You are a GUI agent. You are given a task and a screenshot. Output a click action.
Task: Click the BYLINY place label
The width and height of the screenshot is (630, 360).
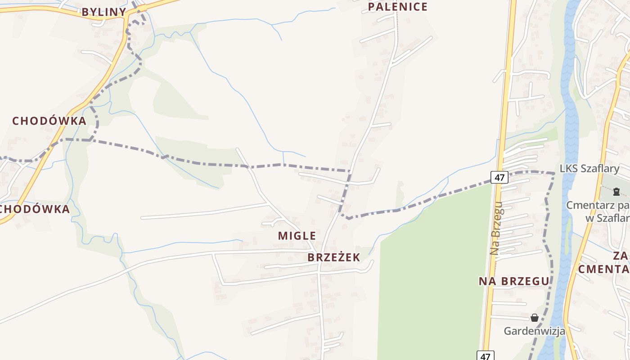[103, 12]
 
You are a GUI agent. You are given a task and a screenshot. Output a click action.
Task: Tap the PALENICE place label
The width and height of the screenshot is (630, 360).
[398, 7]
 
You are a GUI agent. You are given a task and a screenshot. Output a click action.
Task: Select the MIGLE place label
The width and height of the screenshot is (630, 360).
[297, 235]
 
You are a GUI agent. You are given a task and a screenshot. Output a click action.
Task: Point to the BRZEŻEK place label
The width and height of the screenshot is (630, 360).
[334, 257]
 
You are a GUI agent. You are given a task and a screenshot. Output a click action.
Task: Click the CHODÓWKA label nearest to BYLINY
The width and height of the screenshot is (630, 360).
[49, 121]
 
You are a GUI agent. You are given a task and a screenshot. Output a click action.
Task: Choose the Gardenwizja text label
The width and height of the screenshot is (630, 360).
[534, 331]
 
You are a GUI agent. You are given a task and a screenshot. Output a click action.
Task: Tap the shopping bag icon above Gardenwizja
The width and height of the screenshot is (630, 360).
[534, 318]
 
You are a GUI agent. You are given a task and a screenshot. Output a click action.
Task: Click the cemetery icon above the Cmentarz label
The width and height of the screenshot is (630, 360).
[616, 192]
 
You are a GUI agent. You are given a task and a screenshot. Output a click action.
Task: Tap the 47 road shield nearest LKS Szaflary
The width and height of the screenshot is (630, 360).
[499, 177]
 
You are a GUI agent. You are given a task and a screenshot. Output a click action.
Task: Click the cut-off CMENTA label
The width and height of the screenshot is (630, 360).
[603, 269]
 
